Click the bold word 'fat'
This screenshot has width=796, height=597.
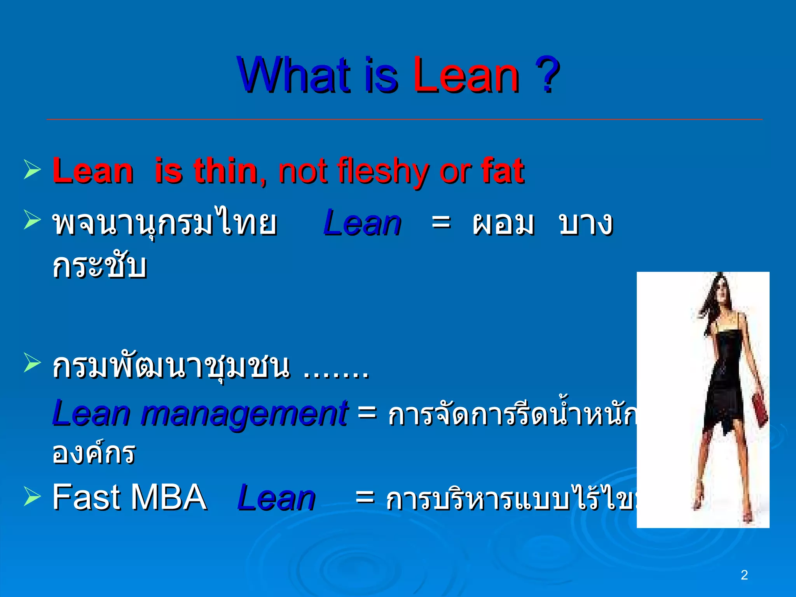(503, 171)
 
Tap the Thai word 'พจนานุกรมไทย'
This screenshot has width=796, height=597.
(165, 224)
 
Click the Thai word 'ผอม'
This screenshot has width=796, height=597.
(503, 224)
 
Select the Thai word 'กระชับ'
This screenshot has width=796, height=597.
(99, 266)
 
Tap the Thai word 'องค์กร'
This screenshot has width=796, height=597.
(94, 453)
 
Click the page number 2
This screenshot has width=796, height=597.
(744, 575)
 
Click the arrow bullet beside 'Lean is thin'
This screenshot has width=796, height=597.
(32, 169)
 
